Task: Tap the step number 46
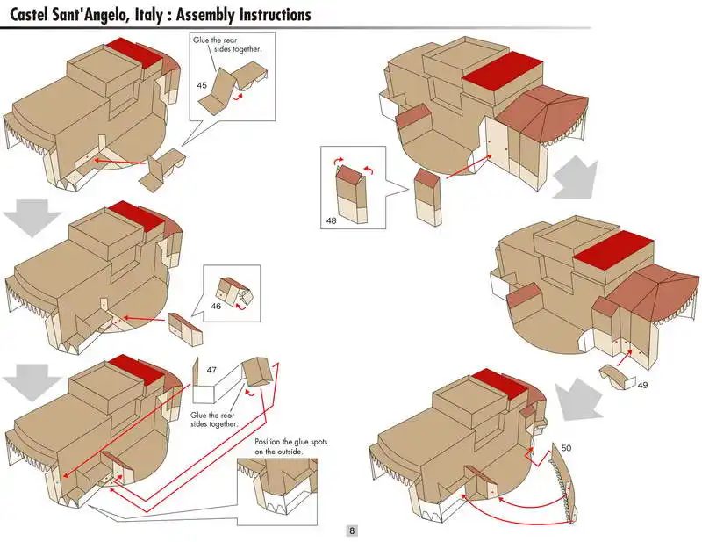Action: (x=216, y=306)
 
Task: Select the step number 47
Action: (x=211, y=370)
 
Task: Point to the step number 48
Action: (x=332, y=220)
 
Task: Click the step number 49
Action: (x=643, y=385)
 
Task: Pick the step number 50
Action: (x=566, y=448)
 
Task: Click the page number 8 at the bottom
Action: (x=352, y=531)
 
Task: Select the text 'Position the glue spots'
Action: (x=290, y=441)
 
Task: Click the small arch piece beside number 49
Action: (x=616, y=373)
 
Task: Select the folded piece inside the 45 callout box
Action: (x=233, y=88)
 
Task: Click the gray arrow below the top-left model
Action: (x=28, y=217)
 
